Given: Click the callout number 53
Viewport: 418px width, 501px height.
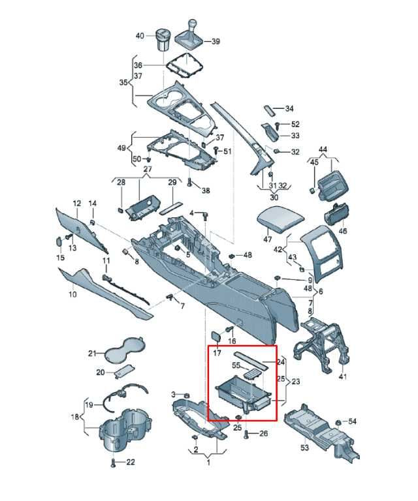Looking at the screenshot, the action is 305,448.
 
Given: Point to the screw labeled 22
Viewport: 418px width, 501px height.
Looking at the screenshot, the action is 112,463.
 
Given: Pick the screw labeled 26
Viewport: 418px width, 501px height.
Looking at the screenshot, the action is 246,434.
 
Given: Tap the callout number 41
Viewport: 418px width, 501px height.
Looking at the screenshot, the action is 342,377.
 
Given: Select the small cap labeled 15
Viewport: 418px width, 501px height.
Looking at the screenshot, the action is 59,241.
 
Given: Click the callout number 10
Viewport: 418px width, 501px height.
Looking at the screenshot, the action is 73,294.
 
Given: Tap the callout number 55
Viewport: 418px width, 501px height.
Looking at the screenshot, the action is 236,365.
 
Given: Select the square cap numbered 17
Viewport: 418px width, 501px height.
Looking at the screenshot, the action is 216,336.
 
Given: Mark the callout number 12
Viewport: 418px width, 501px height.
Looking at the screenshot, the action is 77,204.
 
